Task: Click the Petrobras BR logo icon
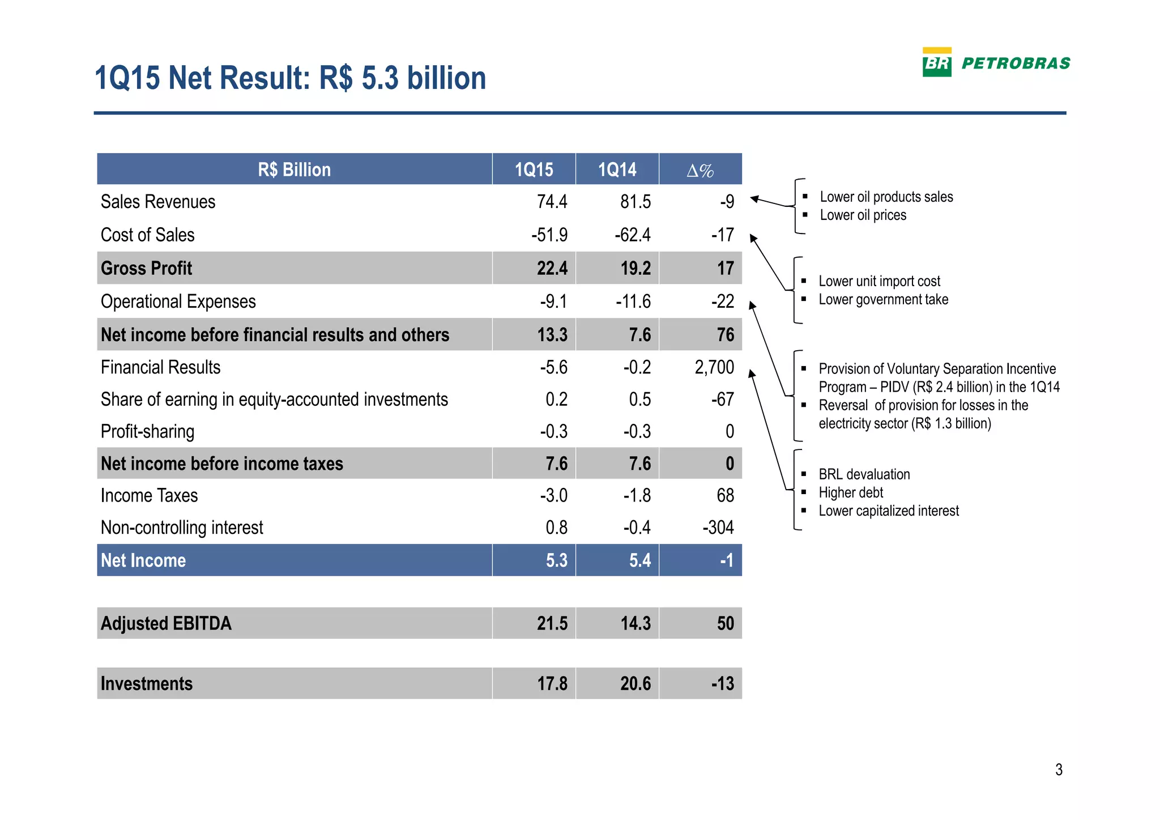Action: coord(937,62)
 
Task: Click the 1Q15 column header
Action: coord(534,169)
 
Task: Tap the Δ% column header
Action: coord(700,170)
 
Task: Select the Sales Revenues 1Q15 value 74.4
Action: coord(552,202)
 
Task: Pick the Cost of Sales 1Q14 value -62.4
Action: coord(633,235)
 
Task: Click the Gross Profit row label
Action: coord(146,268)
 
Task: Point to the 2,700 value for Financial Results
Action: coord(714,367)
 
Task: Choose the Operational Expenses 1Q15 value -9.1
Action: coord(553,301)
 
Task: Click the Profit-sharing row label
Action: coord(147,432)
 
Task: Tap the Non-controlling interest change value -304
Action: coord(718,528)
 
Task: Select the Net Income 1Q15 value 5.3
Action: coord(556,560)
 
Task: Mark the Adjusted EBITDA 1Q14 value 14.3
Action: coord(635,623)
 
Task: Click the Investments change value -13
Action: coord(722,683)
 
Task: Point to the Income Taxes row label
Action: coord(149,496)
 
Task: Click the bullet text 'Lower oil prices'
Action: coord(863,215)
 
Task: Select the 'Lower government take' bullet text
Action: coord(883,300)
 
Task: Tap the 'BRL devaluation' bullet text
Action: coord(864,474)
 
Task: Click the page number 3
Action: coord(1059,770)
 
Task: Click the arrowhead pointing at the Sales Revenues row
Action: coord(754,199)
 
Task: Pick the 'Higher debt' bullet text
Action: coord(851,492)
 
